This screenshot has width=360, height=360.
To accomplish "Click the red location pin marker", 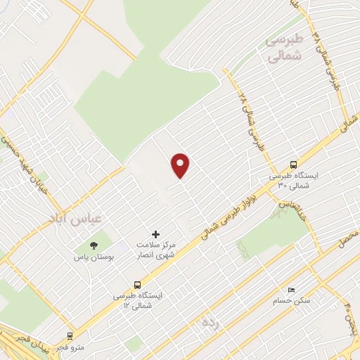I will coord(181,166).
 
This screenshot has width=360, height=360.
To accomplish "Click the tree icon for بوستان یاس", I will coord(94,245).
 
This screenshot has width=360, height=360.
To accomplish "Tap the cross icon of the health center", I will coord(156,234).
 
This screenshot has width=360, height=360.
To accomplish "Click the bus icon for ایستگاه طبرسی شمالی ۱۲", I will coord(137,285).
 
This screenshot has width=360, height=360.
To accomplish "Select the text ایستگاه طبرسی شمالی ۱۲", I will coord(137,301).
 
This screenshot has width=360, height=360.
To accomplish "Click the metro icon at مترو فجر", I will coord(70,336).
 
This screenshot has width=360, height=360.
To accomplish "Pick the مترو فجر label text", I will coord(70,347).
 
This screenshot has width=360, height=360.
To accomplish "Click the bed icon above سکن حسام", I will coord(292,290).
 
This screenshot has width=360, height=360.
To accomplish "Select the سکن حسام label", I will coord(292,301).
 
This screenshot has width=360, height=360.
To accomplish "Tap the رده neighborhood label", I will coord(208,323).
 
